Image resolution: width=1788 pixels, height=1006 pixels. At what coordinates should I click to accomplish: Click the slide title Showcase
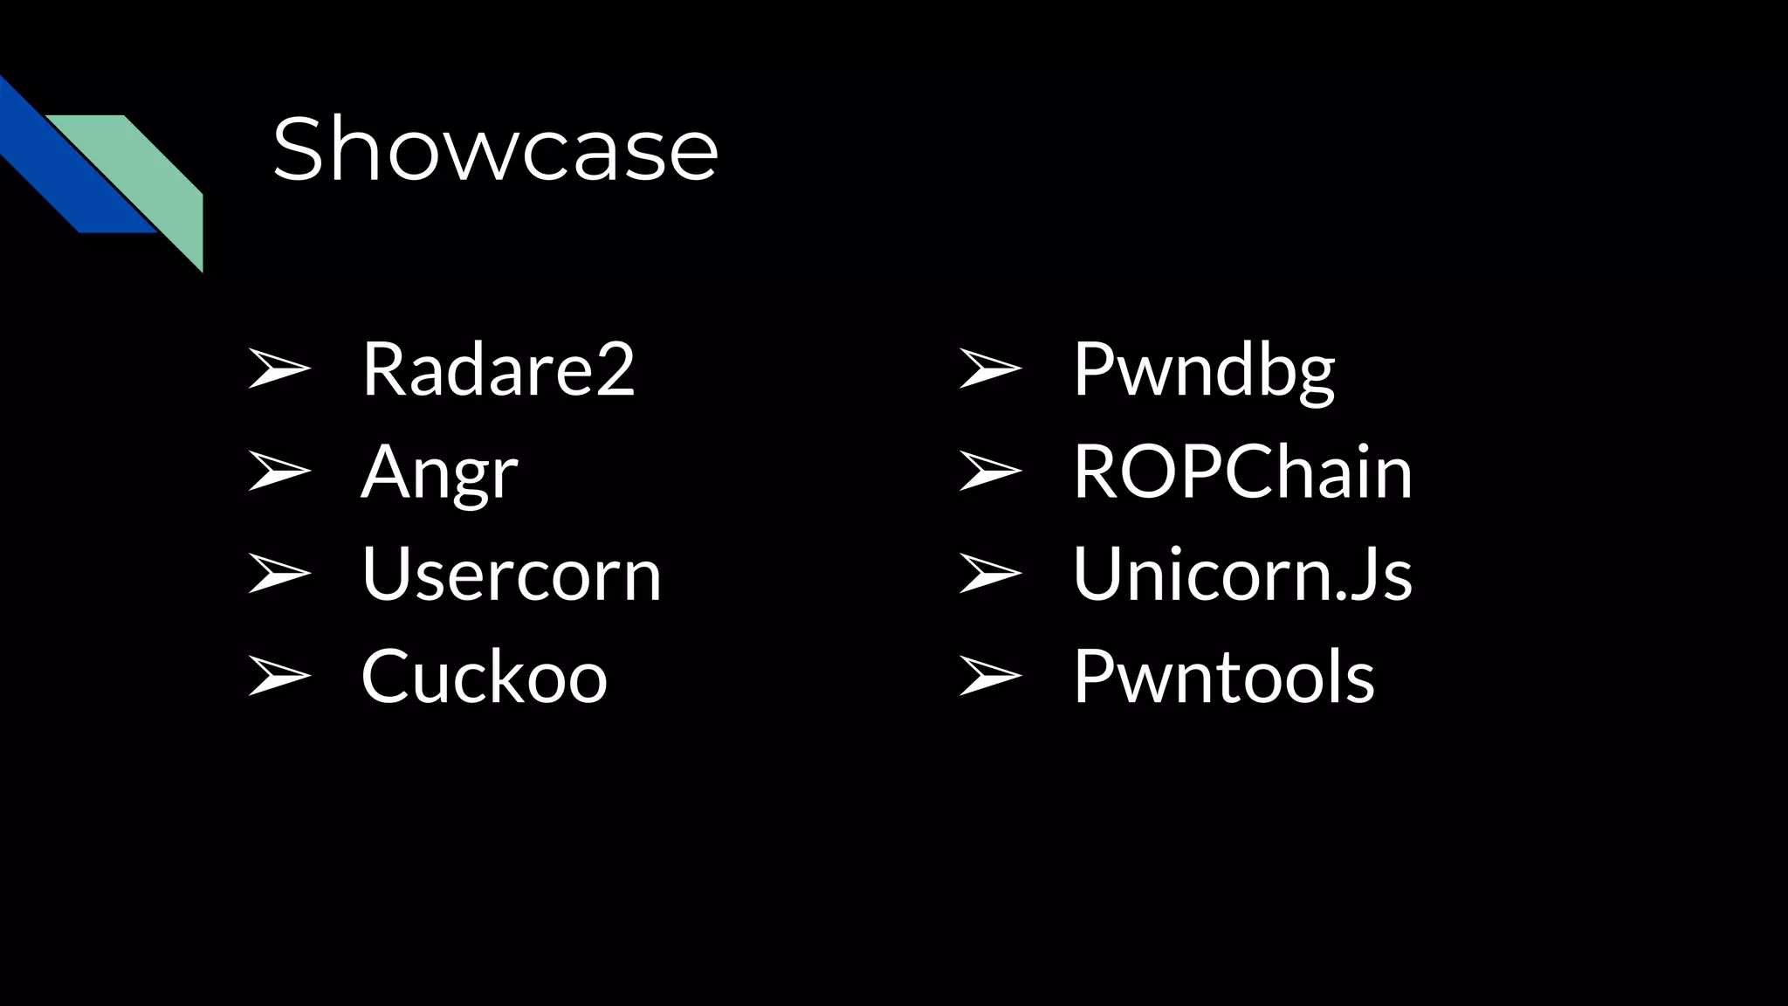coord(495,149)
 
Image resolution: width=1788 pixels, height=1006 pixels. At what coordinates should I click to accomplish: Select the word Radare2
coord(498,369)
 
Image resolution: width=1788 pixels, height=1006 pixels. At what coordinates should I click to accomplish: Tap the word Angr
coord(439,472)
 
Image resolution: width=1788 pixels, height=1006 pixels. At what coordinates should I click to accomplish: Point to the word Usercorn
coord(512,575)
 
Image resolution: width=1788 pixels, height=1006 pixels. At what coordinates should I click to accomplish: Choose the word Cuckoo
coord(484,677)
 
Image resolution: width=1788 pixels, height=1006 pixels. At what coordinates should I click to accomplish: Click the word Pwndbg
coord(1204,369)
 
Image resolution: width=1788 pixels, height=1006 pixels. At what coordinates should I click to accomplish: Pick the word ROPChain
coord(1242,472)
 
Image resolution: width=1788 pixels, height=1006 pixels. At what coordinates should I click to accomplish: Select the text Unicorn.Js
coord(1242,575)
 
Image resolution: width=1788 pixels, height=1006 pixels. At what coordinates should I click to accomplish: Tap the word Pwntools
coord(1224,677)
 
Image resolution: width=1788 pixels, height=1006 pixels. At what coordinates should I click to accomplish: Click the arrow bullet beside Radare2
coord(279,369)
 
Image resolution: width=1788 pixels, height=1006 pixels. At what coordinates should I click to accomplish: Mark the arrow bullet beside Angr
coord(279,472)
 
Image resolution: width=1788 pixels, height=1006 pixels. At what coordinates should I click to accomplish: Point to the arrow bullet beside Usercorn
coord(279,574)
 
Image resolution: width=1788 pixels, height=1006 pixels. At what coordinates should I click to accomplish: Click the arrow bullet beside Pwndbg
coord(989,369)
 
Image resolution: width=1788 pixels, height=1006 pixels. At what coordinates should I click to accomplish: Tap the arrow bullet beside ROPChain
coord(989,472)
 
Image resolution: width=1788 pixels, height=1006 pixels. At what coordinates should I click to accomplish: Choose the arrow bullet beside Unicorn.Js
coord(989,574)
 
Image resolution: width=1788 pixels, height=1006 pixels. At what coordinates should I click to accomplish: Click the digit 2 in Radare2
coord(615,369)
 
